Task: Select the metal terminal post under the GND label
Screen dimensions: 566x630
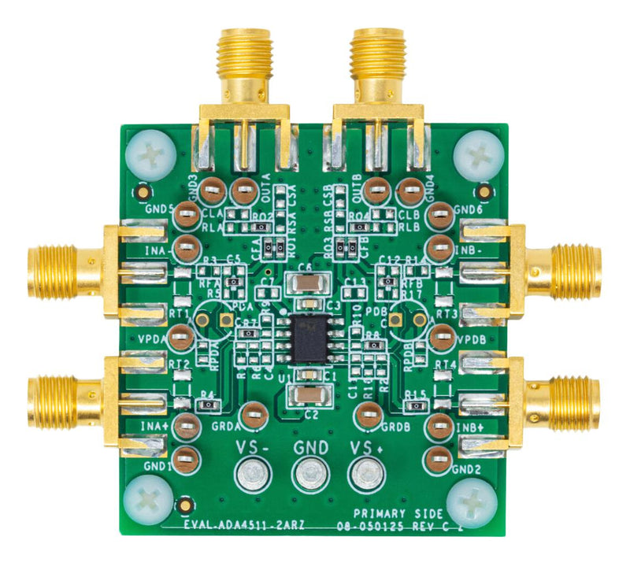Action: [310, 475]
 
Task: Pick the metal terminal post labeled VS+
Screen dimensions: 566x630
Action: [365, 475]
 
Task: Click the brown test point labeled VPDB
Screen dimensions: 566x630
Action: [442, 338]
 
